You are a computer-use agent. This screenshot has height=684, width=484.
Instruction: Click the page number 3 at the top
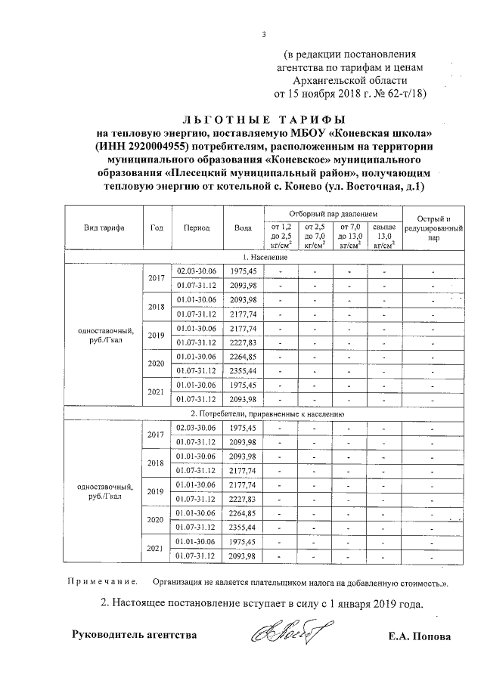coord(264,33)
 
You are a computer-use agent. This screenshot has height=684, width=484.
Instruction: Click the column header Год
coord(157,227)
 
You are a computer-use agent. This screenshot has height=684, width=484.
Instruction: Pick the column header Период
coord(197,227)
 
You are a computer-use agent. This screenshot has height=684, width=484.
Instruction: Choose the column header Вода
coord(243,227)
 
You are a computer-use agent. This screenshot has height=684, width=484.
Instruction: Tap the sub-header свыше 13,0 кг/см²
coord(383,236)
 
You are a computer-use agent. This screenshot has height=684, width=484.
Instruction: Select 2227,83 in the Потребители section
coord(244,499)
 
